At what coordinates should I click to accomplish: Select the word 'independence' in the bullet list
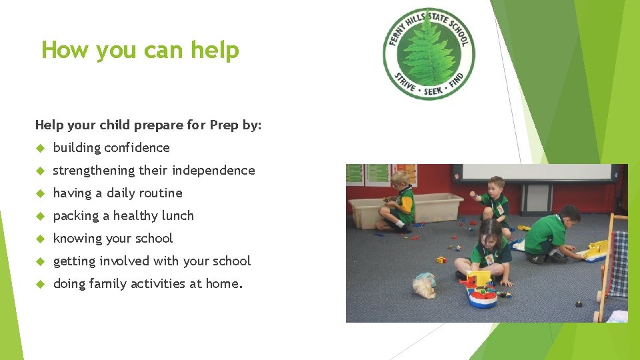[x=213, y=170]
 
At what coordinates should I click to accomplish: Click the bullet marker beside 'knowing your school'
[x=40, y=239]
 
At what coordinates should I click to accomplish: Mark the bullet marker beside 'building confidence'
[x=40, y=148]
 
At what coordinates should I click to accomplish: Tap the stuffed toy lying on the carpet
[x=424, y=285]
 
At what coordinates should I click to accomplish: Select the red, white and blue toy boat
[x=482, y=291]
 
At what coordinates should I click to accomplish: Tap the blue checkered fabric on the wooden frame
[x=619, y=263]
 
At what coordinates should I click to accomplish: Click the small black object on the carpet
[x=578, y=305]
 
